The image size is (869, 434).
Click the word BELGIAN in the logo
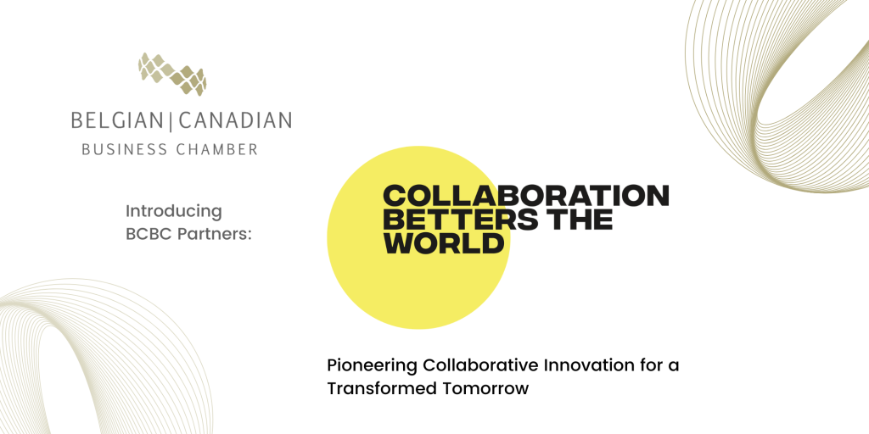click(x=119, y=120)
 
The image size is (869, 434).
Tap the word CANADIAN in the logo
click(x=236, y=120)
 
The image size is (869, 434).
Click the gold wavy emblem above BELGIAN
click(x=172, y=75)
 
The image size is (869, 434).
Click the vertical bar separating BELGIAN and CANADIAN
click(x=171, y=120)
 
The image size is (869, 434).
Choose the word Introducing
click(x=173, y=211)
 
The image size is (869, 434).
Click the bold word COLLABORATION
click(x=526, y=196)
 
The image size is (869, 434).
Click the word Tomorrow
click(x=485, y=388)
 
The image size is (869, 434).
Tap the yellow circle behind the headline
click(x=418, y=277)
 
